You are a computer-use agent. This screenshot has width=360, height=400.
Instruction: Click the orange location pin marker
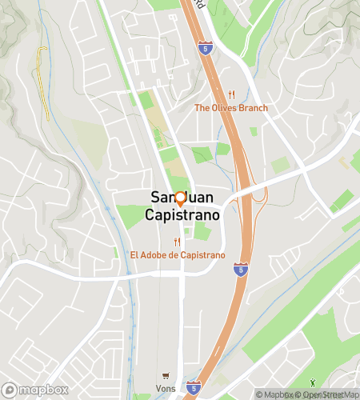pos(180,198)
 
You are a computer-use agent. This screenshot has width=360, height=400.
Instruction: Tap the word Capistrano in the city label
pos(181,215)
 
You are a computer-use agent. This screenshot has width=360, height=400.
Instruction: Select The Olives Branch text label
pos(231,108)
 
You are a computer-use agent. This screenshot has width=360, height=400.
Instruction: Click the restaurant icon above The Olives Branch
pos(231,94)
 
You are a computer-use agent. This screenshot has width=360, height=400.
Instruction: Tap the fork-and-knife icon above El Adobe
pos(178,242)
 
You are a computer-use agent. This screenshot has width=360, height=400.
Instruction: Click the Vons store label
pos(166,389)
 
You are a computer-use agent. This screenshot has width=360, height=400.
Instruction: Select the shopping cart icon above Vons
pos(166,376)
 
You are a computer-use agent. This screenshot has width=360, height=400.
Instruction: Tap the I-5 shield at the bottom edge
pos(193,386)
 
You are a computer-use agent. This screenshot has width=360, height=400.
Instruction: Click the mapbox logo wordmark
pos(42,390)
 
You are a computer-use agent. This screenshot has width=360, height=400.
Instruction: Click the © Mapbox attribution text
pos(274,394)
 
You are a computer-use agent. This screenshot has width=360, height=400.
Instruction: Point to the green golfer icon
pos(312,386)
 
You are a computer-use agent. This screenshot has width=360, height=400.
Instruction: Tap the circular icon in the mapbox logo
pos(11,390)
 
